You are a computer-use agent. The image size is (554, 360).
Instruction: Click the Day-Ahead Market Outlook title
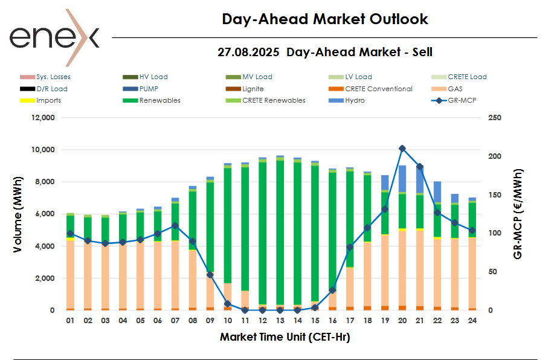click(325, 19)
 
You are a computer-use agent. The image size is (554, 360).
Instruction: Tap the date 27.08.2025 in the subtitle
click(248, 53)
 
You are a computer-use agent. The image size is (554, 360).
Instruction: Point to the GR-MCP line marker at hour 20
click(402, 148)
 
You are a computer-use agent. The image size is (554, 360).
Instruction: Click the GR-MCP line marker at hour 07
click(175, 225)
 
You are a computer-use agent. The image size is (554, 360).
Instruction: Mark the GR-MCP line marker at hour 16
click(332, 290)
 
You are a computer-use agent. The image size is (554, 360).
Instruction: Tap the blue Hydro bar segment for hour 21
click(420, 179)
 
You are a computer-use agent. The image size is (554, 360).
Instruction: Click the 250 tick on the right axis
click(494, 118)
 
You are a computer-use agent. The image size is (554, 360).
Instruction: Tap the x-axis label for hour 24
click(472, 321)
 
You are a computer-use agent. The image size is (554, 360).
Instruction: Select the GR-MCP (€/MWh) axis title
click(518, 214)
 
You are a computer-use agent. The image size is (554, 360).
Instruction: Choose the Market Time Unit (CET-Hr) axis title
click(285, 337)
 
